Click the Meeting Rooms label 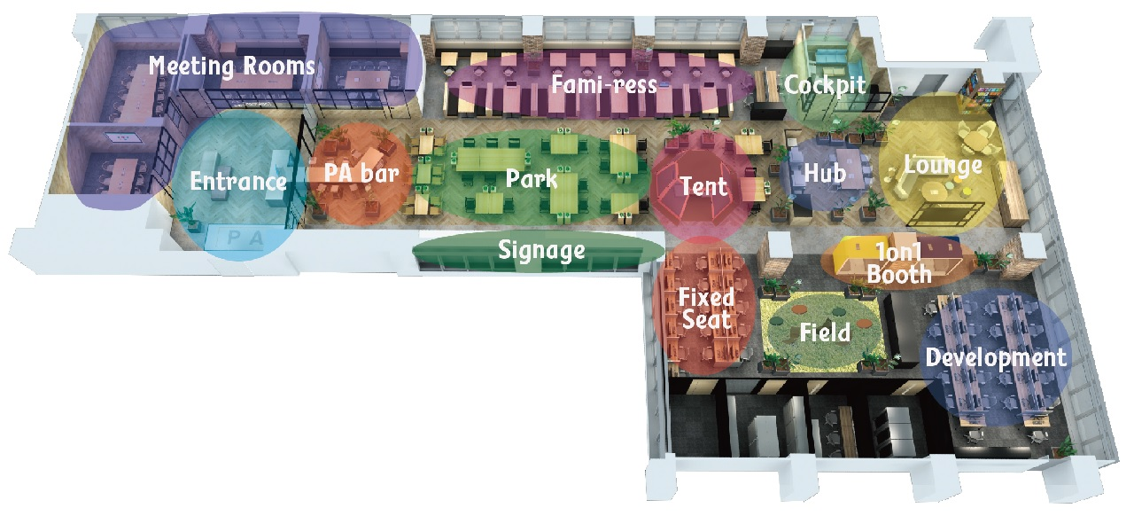point(231,66)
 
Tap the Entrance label point(238,183)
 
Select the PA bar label point(360,172)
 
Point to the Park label point(532,178)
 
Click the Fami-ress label point(603,85)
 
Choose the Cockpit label point(824,86)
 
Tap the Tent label point(703,186)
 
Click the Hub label point(824,173)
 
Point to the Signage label point(541,250)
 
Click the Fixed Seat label point(706,308)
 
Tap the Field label point(825,333)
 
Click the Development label point(996,357)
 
